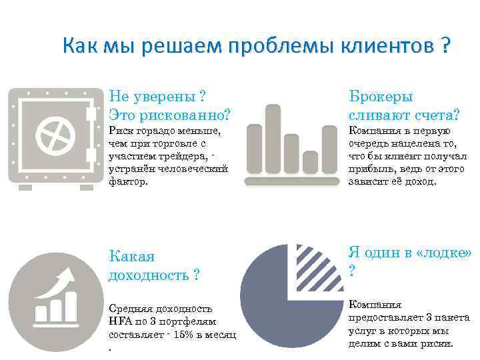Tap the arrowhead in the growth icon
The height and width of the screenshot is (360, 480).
pyautogui.click(x=67, y=274)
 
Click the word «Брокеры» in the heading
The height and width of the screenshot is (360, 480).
pyautogui.click(x=381, y=97)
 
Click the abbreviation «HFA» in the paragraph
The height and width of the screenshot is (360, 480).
pyautogui.click(x=120, y=321)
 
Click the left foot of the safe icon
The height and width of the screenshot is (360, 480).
pyautogui.click(x=25, y=187)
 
